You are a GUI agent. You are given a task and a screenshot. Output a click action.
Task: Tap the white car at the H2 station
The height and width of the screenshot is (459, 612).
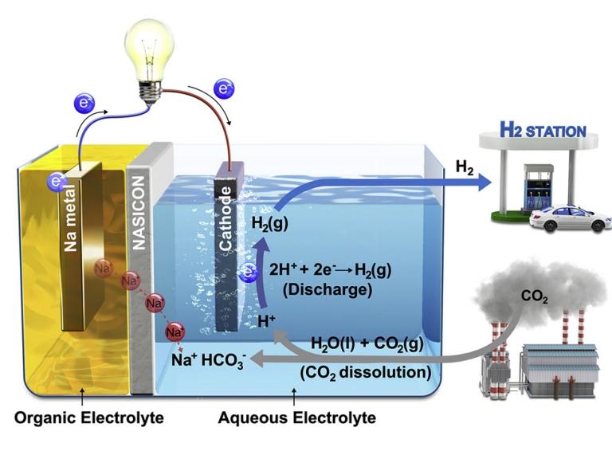570,217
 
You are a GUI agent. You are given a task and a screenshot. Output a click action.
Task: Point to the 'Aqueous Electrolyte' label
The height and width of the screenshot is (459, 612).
300,417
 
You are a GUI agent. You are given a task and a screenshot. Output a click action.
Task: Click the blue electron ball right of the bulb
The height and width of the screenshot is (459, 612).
225,88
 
